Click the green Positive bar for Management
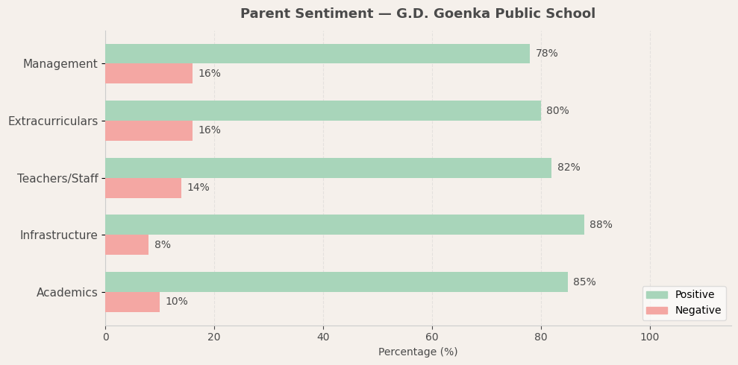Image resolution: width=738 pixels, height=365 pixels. click(317, 54)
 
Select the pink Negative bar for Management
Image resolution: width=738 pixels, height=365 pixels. click(148, 74)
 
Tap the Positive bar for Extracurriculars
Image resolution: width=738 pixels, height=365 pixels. click(322, 111)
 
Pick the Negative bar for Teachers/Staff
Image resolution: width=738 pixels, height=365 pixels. click(143, 188)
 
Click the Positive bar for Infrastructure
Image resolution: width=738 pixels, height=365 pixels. click(344, 225)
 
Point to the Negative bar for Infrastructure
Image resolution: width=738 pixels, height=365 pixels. click(127, 245)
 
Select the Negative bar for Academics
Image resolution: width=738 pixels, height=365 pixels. click(132, 302)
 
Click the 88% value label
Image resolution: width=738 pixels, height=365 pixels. click(601, 225)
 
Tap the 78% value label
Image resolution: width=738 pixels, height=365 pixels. click(546, 54)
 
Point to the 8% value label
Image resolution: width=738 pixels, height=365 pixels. click(163, 245)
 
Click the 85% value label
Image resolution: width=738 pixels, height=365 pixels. click(584, 282)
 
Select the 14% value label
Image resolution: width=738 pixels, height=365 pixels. click(198, 188)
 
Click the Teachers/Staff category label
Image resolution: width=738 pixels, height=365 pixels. click(57, 179)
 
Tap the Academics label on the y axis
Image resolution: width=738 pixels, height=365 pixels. click(67, 293)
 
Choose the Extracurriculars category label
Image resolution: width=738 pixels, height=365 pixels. click(53, 121)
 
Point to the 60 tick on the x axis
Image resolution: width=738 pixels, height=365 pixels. click(432, 337)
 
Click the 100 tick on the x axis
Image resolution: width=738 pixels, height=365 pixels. click(650, 337)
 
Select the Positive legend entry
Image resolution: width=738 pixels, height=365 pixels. click(694, 295)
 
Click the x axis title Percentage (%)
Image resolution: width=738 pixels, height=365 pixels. click(418, 352)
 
